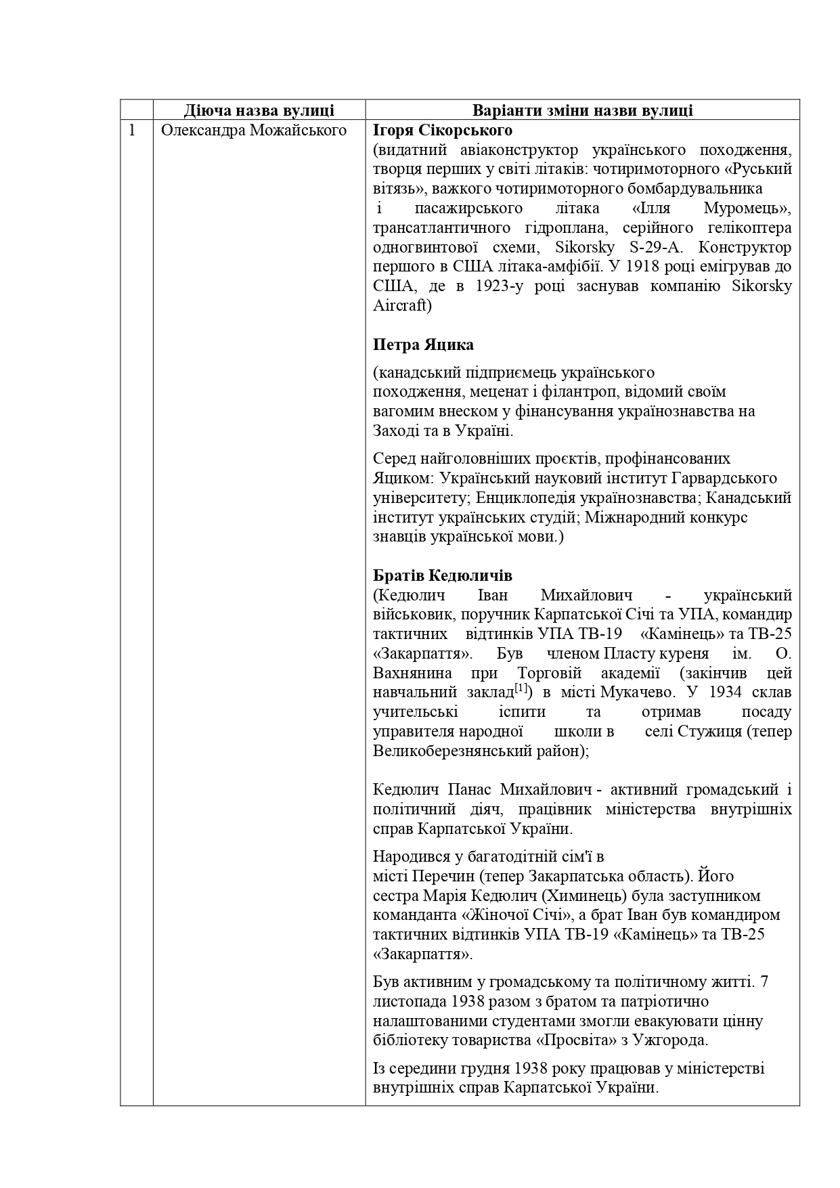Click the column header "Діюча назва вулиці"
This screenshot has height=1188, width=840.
(x=259, y=110)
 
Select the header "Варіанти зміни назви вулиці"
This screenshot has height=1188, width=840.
(x=582, y=110)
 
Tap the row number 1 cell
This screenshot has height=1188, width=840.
(x=133, y=130)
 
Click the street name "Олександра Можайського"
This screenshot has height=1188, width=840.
(x=254, y=130)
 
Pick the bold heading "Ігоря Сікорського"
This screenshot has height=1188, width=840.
(x=443, y=130)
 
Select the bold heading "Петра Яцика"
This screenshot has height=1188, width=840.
(x=423, y=345)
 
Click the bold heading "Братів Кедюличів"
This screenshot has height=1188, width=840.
(x=443, y=576)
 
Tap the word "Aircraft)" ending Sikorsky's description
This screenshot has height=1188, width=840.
(x=402, y=305)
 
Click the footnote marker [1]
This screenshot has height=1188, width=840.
(x=521, y=690)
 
